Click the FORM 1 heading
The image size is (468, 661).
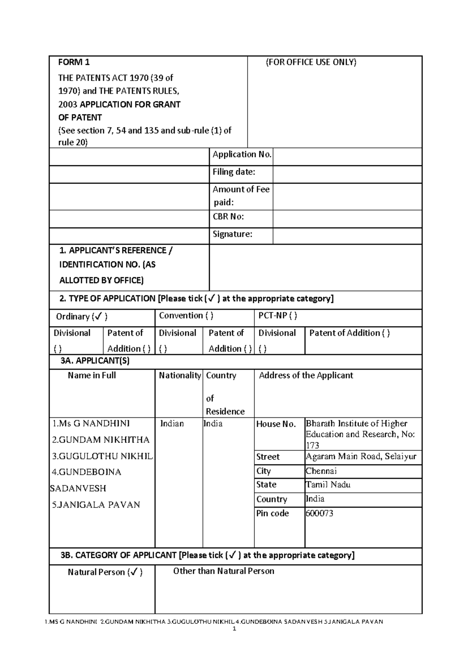click(x=74, y=62)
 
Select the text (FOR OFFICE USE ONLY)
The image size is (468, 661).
click(x=311, y=62)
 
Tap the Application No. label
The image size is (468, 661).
click(x=241, y=154)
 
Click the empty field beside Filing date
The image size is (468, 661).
click(x=347, y=174)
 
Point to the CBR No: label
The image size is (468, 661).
click(x=228, y=217)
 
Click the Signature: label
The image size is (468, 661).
click(x=232, y=234)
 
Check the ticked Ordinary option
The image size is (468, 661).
click(x=82, y=316)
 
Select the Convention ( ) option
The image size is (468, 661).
click(x=186, y=316)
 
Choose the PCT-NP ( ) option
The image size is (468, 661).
click(x=278, y=316)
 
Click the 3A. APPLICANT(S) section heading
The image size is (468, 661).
click(x=95, y=361)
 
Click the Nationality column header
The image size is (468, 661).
click(x=180, y=375)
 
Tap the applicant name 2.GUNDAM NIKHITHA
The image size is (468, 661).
click(x=101, y=440)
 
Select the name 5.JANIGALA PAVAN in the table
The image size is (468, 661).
click(x=96, y=505)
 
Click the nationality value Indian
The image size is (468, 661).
click(x=172, y=424)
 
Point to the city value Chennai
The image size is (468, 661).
click(x=321, y=471)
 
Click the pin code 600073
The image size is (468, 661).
click(x=319, y=513)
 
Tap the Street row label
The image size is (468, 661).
click(x=268, y=457)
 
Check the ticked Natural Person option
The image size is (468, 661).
click(x=105, y=572)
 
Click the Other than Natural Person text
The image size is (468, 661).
click(x=223, y=571)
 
